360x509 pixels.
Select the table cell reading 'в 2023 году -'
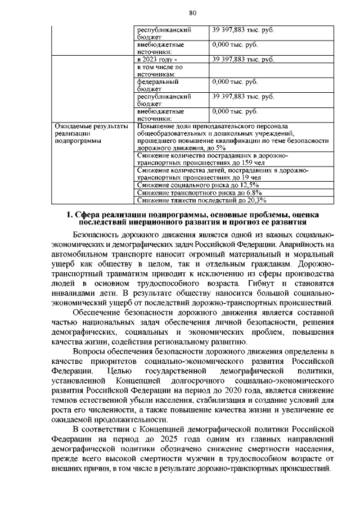click(x=156, y=59)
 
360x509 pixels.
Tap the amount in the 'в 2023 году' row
click(x=243, y=59)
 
